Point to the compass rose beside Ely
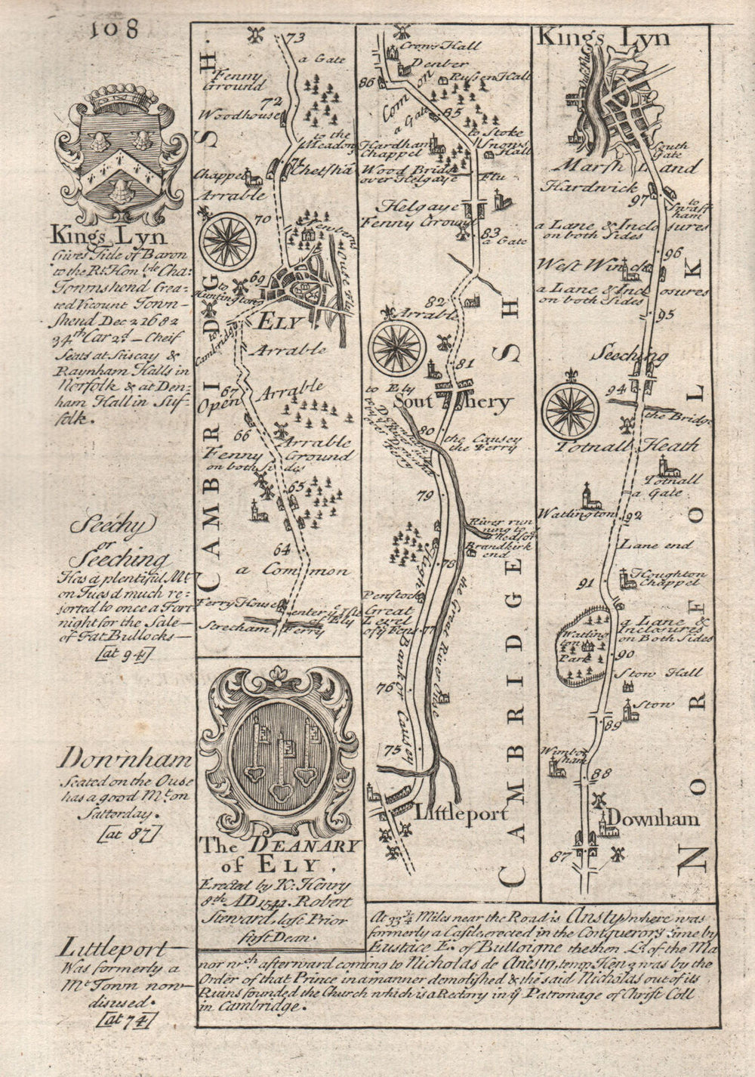point(226,239)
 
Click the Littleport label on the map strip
point(452,813)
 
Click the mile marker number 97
point(643,199)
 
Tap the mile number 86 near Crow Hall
point(368,82)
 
